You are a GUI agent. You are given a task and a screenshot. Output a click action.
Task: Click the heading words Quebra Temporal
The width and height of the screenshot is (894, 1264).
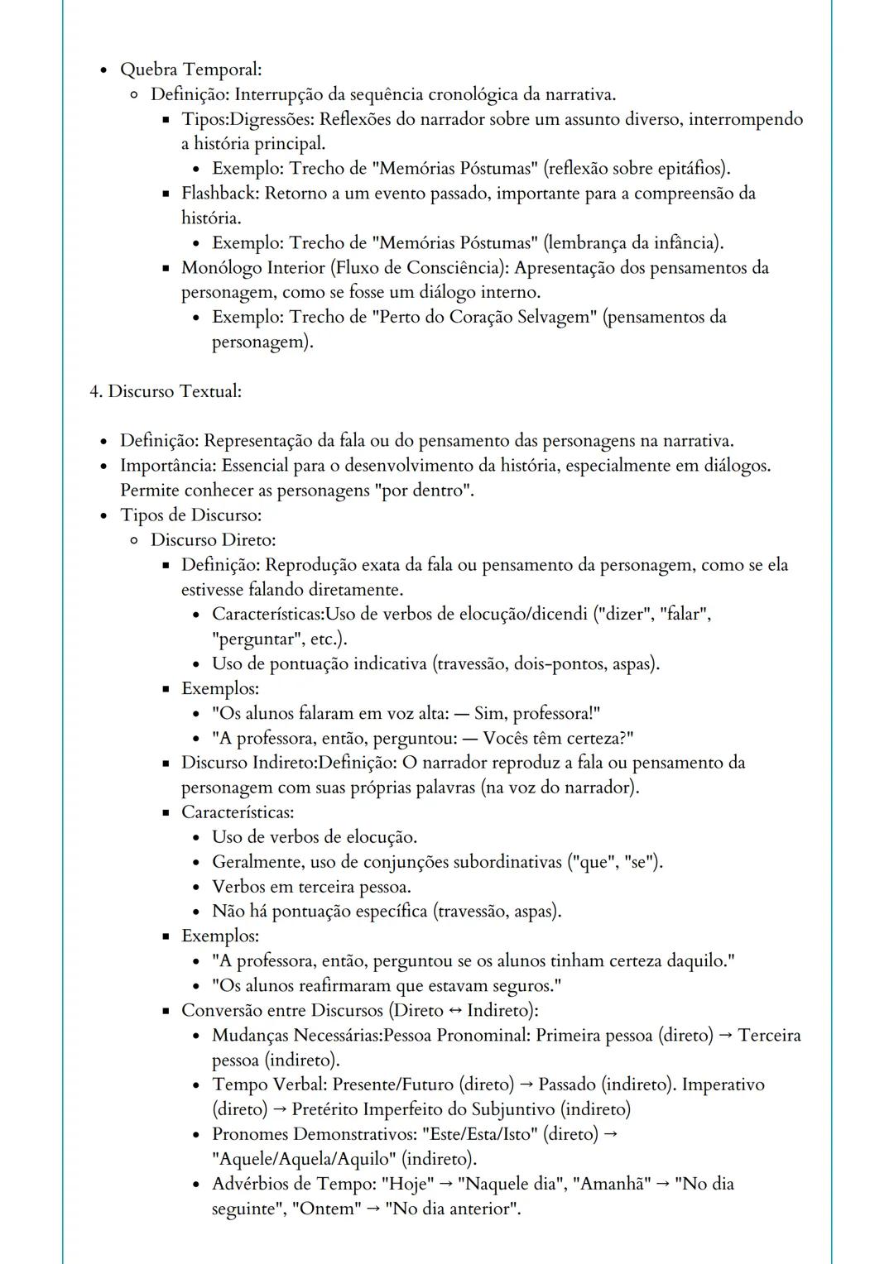click(x=190, y=69)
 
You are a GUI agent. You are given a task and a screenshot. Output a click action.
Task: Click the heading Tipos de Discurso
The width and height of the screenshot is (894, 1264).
click(x=190, y=515)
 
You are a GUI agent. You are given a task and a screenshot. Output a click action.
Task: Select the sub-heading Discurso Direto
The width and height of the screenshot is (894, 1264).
click(x=213, y=540)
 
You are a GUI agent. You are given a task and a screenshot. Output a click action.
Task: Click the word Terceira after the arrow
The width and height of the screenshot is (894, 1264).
click(x=769, y=1036)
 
